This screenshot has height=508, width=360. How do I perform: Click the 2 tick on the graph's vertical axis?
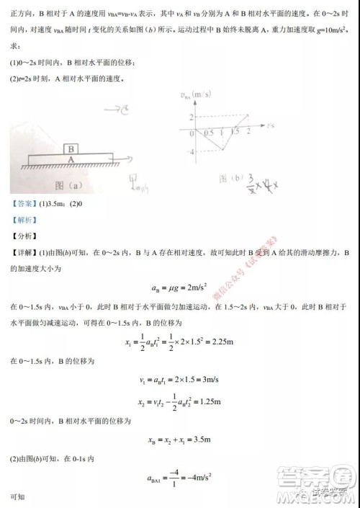point(192,117)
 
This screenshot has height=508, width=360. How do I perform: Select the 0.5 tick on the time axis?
point(208,133)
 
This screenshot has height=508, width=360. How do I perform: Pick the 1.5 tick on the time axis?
point(235,133)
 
